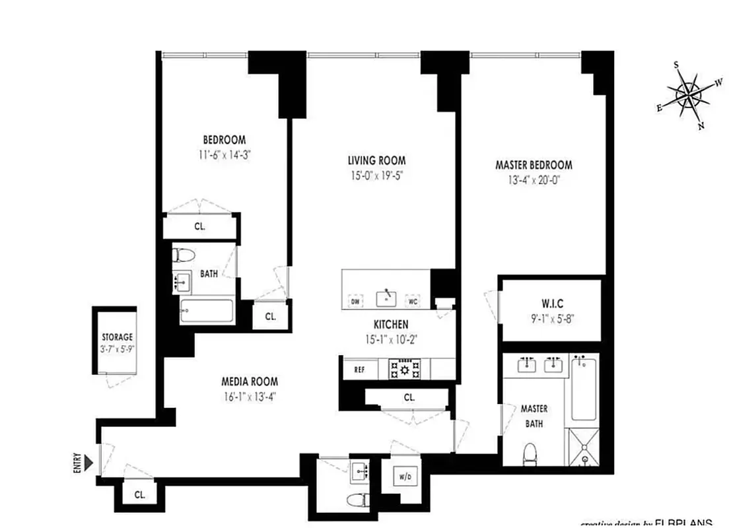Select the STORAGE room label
coord(117,337)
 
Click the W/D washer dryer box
coord(404,476)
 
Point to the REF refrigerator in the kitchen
coord(359,370)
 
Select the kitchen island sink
coord(385,298)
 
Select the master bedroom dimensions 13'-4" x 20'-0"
coord(534,179)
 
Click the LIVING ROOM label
coord(376,160)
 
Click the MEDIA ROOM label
coord(250,381)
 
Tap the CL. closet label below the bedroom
coord(199,226)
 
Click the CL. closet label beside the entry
coord(139,494)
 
